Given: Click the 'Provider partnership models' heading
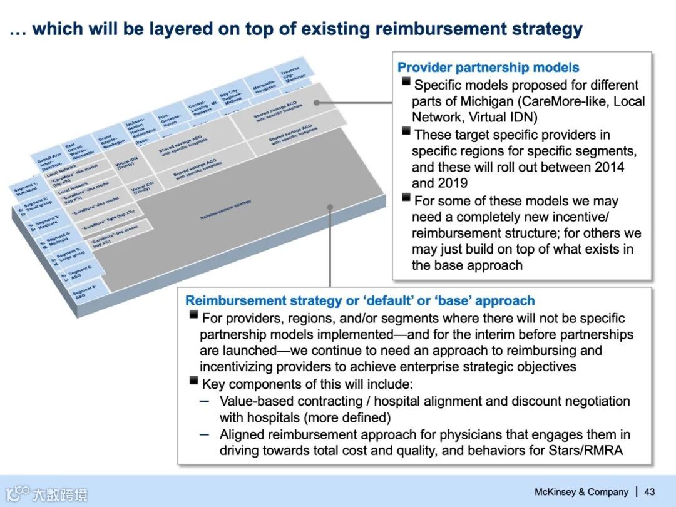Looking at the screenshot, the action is click(x=488, y=68).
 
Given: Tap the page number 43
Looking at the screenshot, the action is click(x=650, y=492).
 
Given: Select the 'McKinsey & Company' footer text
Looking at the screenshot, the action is click(x=581, y=492).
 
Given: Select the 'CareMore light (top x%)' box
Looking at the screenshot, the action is click(x=103, y=223).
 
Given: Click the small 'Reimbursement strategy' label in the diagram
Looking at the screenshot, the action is click(x=225, y=210).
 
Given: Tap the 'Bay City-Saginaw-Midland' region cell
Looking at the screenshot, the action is click(x=232, y=96).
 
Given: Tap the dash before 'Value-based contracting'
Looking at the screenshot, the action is click(x=205, y=401).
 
